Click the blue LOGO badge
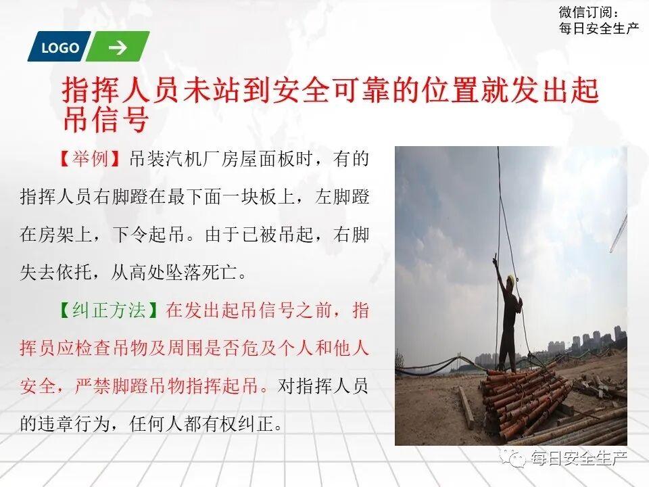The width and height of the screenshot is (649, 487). [x=60, y=47]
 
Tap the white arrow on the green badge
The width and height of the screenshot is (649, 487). [x=118, y=47]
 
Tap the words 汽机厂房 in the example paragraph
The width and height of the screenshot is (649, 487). [x=208, y=160]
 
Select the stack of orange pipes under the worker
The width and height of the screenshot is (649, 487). [x=524, y=399]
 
